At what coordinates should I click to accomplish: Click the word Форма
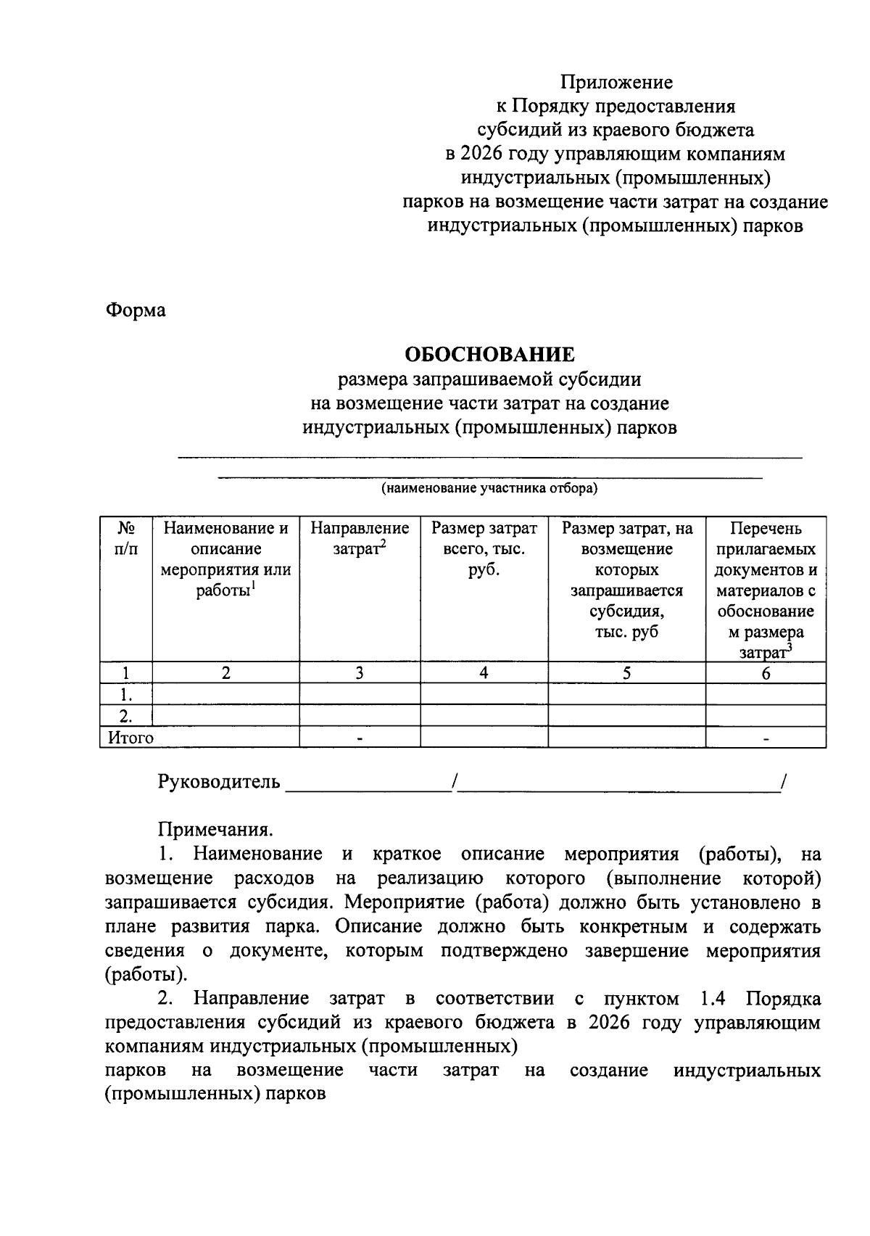[x=136, y=310]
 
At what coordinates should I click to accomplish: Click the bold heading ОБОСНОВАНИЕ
[x=489, y=355]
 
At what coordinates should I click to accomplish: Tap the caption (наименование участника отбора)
[x=489, y=488]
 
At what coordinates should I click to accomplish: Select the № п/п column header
[x=125, y=538]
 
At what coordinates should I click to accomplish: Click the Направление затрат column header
[x=360, y=538]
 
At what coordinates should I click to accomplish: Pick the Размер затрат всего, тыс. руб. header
[x=484, y=548]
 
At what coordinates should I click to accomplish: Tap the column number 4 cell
[x=484, y=672]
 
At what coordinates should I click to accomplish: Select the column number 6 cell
[x=766, y=673]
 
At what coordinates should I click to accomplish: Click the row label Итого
[x=130, y=738]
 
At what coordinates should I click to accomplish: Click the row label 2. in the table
[x=125, y=716]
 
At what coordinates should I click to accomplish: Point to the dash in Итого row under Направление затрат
[x=360, y=738]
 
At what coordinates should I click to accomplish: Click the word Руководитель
[x=219, y=782]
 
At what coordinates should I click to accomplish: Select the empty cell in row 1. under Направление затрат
[x=360, y=694]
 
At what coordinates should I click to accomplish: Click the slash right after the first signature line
[x=453, y=782]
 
